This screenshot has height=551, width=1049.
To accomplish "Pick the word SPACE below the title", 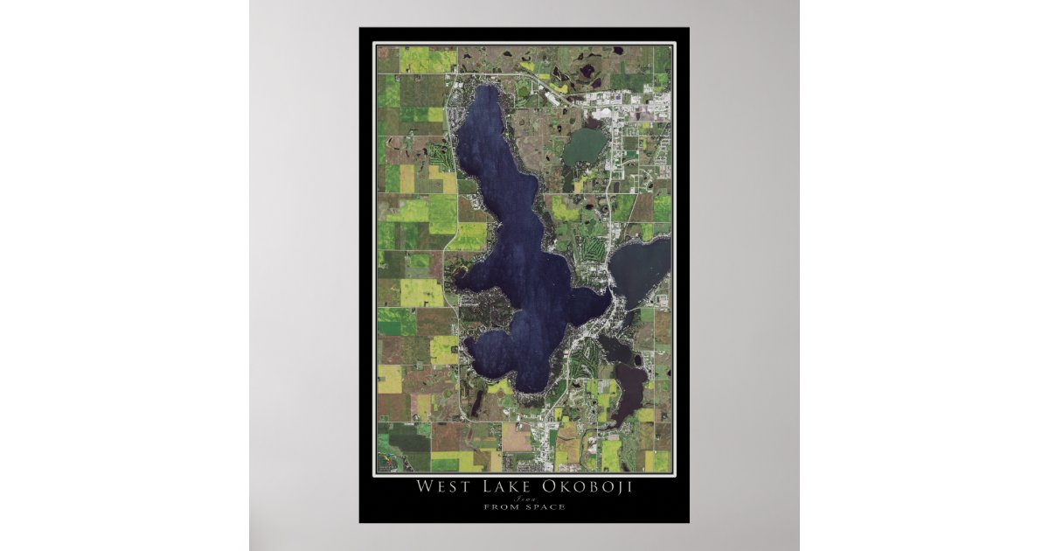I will (x=545, y=507).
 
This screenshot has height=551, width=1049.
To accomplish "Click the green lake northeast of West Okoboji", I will (x=583, y=147).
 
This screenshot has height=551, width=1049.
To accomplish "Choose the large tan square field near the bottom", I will (x=515, y=437).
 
